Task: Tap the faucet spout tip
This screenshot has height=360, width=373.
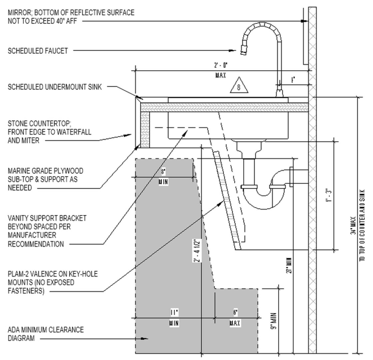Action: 243,52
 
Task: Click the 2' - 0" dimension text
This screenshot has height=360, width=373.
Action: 221,66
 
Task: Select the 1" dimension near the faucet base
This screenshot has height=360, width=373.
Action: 293,79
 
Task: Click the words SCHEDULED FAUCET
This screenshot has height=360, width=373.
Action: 38,51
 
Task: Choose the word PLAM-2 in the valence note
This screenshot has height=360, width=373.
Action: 18,274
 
